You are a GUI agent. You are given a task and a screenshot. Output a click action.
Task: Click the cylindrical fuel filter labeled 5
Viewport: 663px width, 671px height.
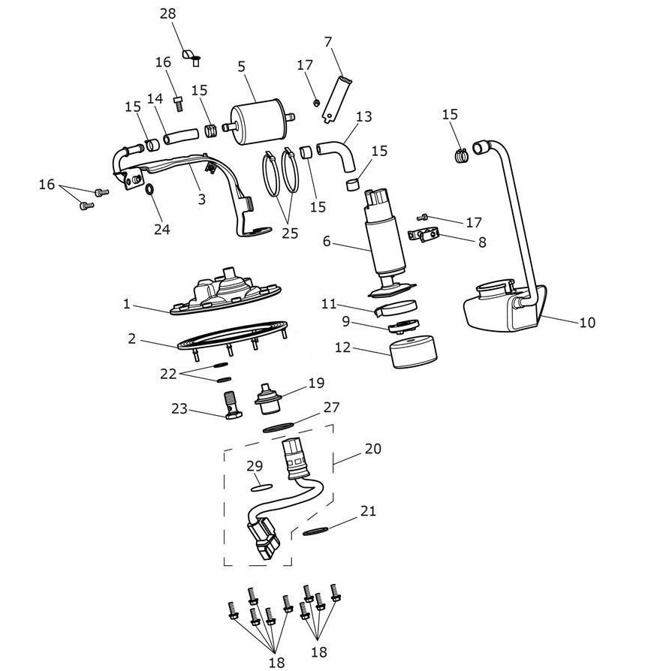tap(259, 122)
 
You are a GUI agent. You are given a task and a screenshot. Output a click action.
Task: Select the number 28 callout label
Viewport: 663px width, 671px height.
tap(167, 14)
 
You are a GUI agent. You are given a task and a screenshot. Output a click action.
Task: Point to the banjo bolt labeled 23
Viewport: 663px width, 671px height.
tap(232, 405)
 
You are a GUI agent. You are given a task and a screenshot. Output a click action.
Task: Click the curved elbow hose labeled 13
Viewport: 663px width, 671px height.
tap(338, 155)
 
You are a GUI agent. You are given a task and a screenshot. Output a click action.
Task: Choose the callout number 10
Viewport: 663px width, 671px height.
tap(587, 322)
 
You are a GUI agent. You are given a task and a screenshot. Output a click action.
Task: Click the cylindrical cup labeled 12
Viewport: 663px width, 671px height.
tap(414, 352)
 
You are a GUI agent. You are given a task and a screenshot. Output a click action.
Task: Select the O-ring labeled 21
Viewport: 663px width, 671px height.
tap(316, 531)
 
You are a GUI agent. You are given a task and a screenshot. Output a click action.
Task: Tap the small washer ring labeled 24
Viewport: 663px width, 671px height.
tap(151, 188)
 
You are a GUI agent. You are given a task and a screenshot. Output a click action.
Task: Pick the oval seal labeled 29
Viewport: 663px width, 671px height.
tap(261, 487)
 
